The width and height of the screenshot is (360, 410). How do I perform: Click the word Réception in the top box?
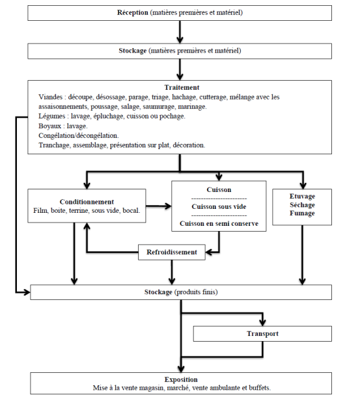[132, 13]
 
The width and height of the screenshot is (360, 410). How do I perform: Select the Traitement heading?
[182, 87]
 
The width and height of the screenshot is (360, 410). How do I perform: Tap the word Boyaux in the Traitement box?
[49, 126]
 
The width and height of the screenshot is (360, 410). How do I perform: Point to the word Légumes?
[52, 116]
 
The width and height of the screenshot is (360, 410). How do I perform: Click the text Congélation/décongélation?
[79, 136]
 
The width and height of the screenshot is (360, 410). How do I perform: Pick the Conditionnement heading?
[87, 202]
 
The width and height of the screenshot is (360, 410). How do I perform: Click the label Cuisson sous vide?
[219, 206]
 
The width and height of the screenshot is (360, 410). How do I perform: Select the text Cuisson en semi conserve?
[219, 224]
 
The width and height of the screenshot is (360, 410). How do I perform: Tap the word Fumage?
[302, 213]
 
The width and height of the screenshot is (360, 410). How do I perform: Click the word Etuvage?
[302, 197]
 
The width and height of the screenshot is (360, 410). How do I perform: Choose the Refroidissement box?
[172, 252]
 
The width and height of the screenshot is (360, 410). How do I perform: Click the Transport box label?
[262, 334]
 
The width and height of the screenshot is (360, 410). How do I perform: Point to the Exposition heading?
[181, 379]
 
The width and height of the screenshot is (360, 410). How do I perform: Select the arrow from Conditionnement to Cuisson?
[159, 206]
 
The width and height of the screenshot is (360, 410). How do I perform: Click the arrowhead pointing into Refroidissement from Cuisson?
[209, 253]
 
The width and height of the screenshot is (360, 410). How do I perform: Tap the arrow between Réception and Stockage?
[180, 32]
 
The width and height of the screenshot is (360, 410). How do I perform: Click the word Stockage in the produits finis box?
[158, 292]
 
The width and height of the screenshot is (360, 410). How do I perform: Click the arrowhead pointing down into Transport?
[262, 322]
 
